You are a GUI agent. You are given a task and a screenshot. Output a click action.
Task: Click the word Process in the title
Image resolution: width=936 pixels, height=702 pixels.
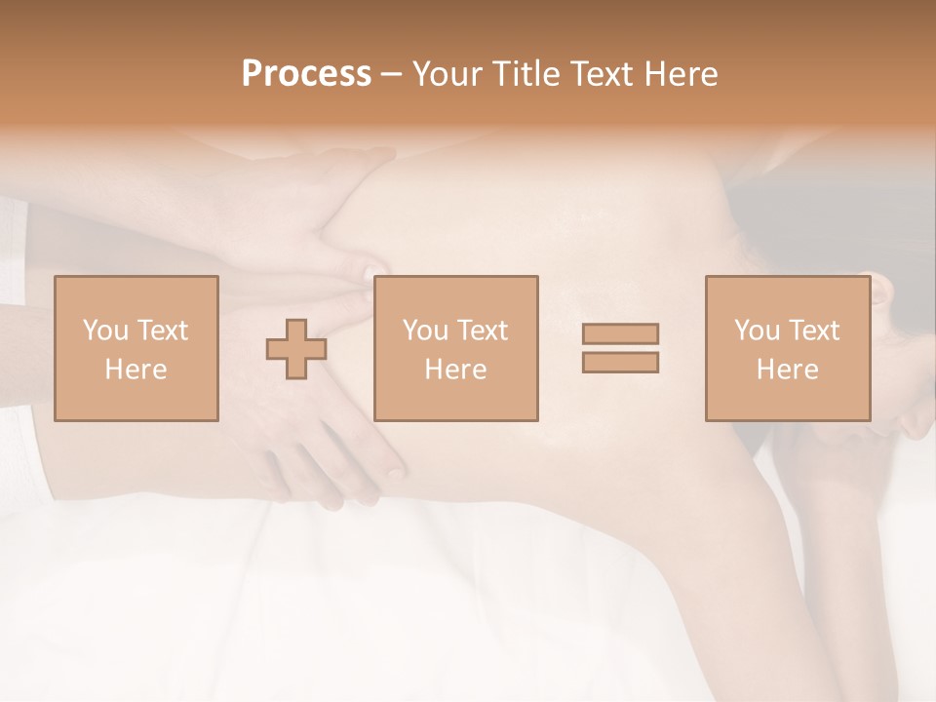pyautogui.click(x=306, y=74)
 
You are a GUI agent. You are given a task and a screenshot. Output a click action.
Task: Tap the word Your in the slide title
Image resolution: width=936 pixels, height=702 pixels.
pyautogui.click(x=447, y=74)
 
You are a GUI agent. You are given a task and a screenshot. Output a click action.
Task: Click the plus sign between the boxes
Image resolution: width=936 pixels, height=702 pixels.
pyautogui.click(x=296, y=350)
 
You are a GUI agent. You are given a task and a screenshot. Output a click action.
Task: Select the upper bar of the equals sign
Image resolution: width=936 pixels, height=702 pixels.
pyautogui.click(x=620, y=333)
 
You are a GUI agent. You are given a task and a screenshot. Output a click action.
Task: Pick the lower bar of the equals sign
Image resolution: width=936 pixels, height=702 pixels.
pyautogui.click(x=620, y=363)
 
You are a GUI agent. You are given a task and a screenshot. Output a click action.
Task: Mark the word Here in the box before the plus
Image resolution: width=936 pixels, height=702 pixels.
pyautogui.click(x=136, y=370)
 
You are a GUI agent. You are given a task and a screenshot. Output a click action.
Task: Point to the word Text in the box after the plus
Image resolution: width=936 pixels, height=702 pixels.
pyautogui.click(x=483, y=331)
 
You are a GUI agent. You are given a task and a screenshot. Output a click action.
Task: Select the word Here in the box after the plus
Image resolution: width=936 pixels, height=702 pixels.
pyautogui.click(x=456, y=370)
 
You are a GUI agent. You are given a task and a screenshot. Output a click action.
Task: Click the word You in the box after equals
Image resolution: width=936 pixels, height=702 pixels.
pyautogui.click(x=757, y=331)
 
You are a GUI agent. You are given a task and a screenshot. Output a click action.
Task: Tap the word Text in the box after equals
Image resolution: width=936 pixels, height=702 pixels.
pyautogui.click(x=814, y=331)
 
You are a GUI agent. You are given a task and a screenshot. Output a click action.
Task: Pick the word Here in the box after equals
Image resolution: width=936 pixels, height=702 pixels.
pyautogui.click(x=788, y=370)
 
